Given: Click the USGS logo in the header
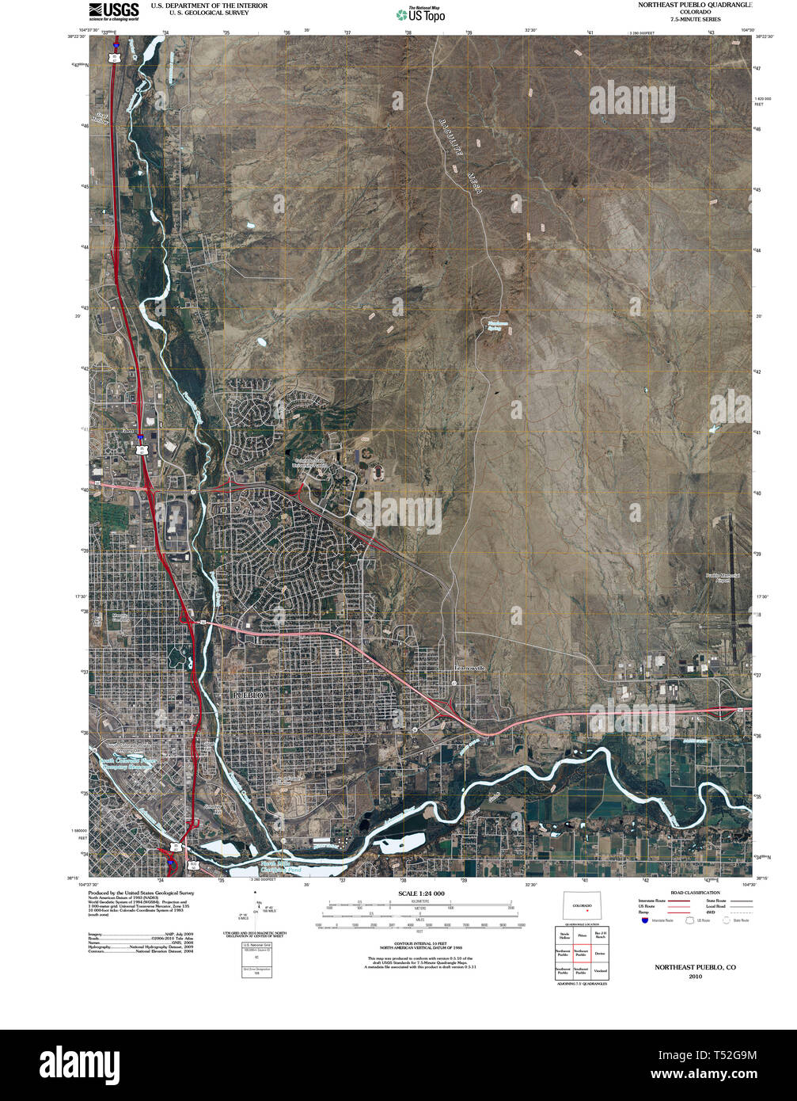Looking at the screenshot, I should point(114,10).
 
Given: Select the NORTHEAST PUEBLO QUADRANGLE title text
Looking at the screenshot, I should point(695,5).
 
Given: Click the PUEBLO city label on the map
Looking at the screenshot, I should point(247,695).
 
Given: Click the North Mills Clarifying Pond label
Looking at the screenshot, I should point(281,867).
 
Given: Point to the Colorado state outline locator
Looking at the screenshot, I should point(582,905).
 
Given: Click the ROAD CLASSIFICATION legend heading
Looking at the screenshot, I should point(695,893).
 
